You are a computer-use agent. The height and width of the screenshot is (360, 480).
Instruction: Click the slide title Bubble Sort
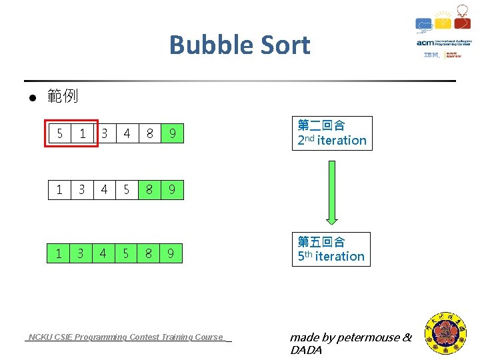[239, 45]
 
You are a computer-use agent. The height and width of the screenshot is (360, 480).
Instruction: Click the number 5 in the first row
[60, 134]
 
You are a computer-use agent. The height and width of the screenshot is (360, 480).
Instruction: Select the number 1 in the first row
[82, 134]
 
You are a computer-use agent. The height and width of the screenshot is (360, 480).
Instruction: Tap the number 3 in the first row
[105, 134]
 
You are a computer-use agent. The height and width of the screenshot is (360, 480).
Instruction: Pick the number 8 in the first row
[149, 134]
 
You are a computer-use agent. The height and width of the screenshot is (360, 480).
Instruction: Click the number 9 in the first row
[172, 134]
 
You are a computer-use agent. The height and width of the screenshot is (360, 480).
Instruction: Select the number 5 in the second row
[127, 190]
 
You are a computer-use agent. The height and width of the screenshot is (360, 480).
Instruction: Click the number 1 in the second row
[59, 190]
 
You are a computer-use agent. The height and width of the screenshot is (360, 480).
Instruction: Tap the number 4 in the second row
[104, 190]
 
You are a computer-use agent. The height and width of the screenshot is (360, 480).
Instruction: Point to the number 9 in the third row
[171, 253]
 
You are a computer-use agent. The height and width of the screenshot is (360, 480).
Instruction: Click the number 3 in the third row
[81, 253]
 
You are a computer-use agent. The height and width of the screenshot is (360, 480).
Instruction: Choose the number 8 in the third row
[149, 253]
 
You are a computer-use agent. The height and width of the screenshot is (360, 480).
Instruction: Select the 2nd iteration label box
[332, 133]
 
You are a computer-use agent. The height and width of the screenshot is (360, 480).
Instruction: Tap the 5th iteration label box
[331, 249]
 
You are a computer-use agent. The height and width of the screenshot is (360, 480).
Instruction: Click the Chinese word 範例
[63, 97]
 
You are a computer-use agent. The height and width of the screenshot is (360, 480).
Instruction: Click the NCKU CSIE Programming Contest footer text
[127, 337]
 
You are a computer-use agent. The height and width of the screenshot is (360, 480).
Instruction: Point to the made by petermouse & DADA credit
[351, 343]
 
